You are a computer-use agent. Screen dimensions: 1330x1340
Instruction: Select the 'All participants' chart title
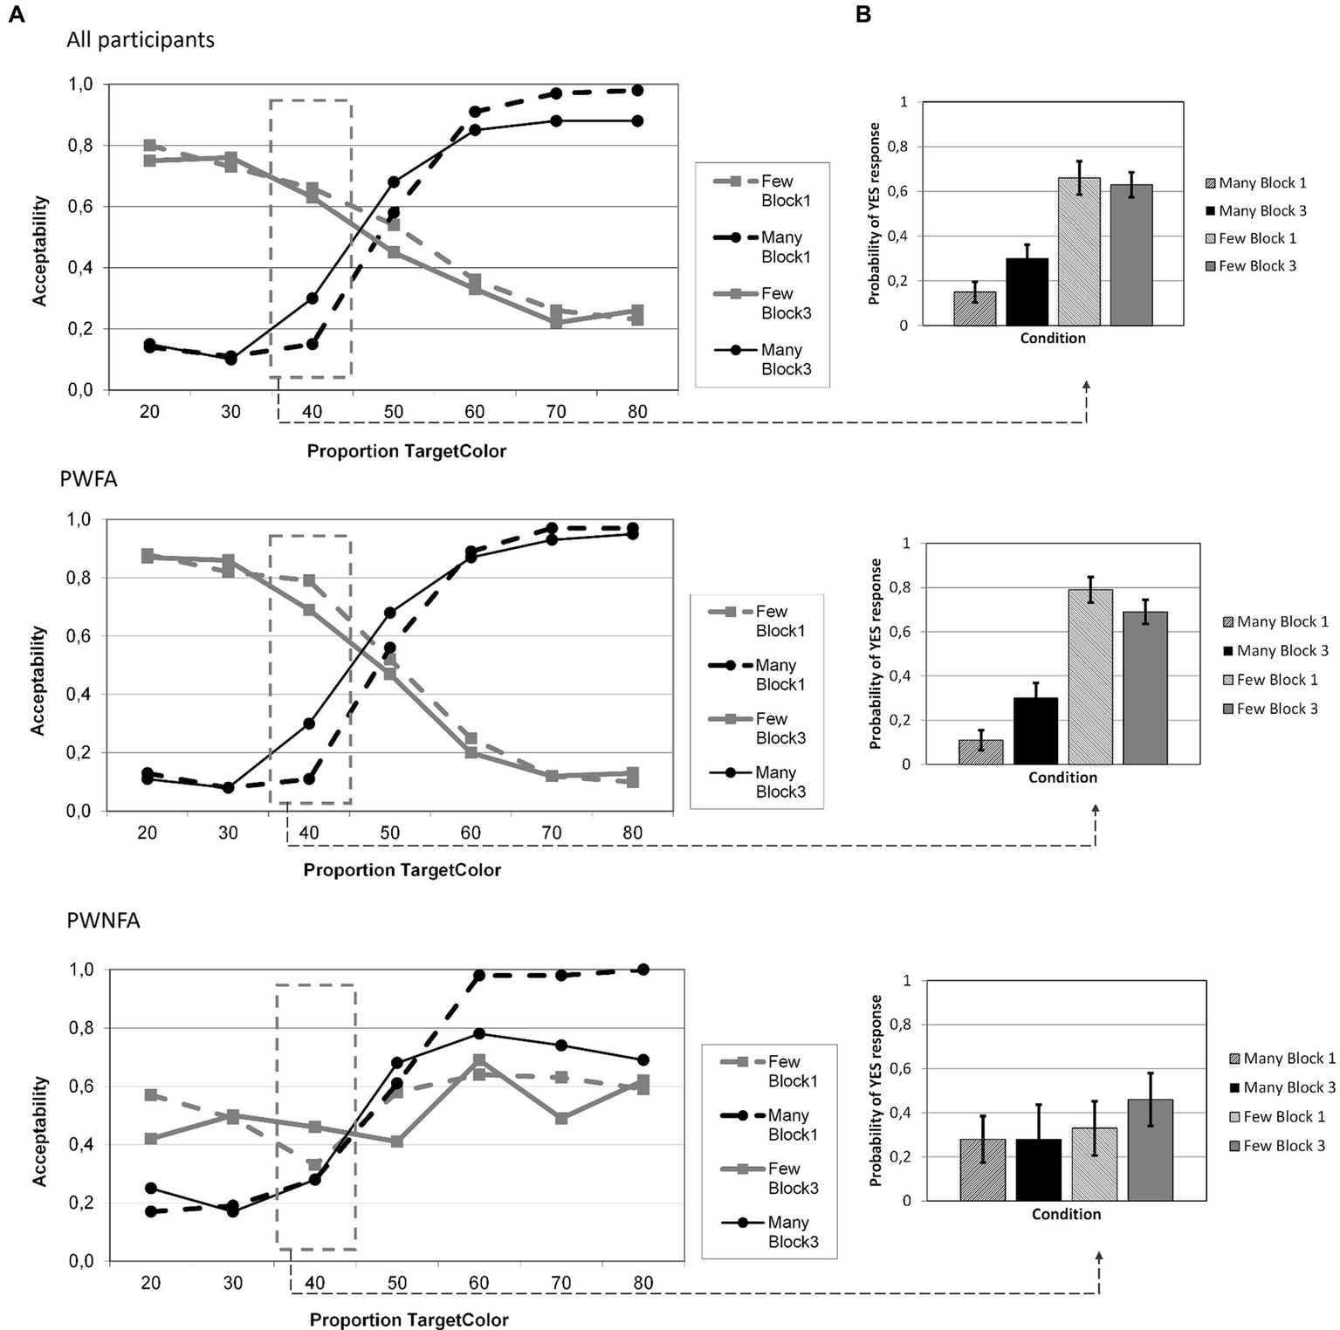(141, 40)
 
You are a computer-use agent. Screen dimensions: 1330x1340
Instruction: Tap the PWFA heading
(88, 479)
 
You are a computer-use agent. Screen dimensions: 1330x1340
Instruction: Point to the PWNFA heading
(103, 920)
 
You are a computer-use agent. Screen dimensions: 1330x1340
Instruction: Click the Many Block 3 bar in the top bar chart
(1027, 291)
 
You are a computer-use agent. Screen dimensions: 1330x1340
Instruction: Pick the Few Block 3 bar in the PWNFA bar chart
(1150, 1149)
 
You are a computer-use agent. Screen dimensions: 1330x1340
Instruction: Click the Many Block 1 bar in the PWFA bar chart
(980, 752)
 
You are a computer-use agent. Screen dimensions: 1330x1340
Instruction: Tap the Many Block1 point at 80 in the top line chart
(637, 90)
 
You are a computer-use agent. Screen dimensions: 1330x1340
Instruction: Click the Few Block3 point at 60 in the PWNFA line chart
(478, 1060)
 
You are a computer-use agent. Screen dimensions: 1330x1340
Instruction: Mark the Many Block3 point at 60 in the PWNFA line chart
(478, 1033)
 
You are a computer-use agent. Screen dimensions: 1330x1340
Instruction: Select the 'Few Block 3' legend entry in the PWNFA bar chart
(1283, 1145)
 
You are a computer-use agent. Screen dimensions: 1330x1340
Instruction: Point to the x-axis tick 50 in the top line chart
(394, 412)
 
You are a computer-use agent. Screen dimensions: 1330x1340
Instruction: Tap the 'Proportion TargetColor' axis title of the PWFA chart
(402, 870)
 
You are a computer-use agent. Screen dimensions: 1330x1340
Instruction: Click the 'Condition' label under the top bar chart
(1053, 339)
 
